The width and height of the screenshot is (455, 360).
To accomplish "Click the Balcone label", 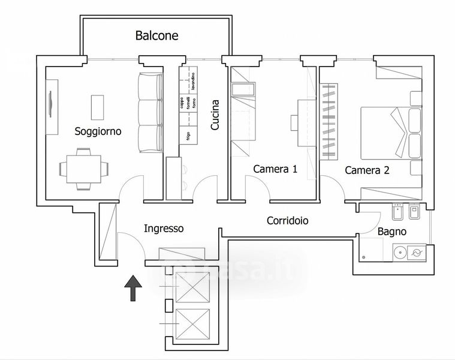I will click(156, 36).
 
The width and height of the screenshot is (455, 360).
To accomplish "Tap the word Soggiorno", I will click(98, 131).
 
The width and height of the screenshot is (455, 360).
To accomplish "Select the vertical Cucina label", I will click(215, 115).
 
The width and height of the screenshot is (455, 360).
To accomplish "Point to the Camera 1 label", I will click(275, 169).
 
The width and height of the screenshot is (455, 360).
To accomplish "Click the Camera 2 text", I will click(367, 170).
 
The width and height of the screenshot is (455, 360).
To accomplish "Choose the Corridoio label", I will click(288, 221).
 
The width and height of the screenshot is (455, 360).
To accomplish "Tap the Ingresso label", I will click(164, 229).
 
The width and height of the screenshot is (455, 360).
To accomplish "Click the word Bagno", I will click(392, 232).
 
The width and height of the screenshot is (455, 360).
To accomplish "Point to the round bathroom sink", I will click(399, 252).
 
